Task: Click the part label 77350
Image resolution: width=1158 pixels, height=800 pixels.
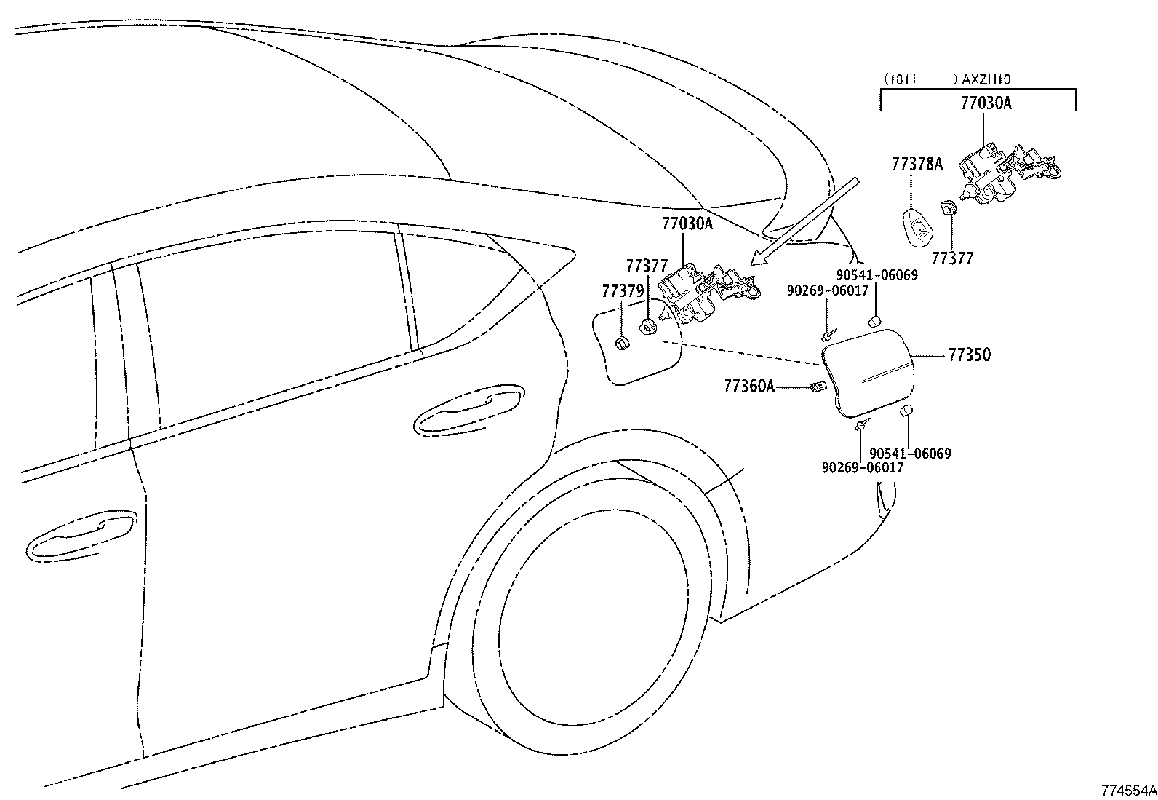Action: [969, 355]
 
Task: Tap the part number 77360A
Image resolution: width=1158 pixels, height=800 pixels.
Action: [748, 387]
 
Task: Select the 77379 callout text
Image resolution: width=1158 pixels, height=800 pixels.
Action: [623, 291]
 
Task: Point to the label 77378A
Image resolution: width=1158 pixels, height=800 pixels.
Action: [917, 165]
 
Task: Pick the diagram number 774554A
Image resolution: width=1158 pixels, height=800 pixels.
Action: [1128, 790]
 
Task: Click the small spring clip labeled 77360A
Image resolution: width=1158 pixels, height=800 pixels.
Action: [818, 387]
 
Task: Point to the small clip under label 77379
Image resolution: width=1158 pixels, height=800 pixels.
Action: [622, 343]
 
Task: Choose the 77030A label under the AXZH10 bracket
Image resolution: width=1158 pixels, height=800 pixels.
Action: [986, 103]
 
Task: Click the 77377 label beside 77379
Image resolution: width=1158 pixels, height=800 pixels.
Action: [647, 266]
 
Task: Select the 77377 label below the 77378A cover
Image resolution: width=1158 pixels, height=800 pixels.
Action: [952, 258]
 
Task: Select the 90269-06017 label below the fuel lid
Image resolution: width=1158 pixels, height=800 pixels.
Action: [863, 467]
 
